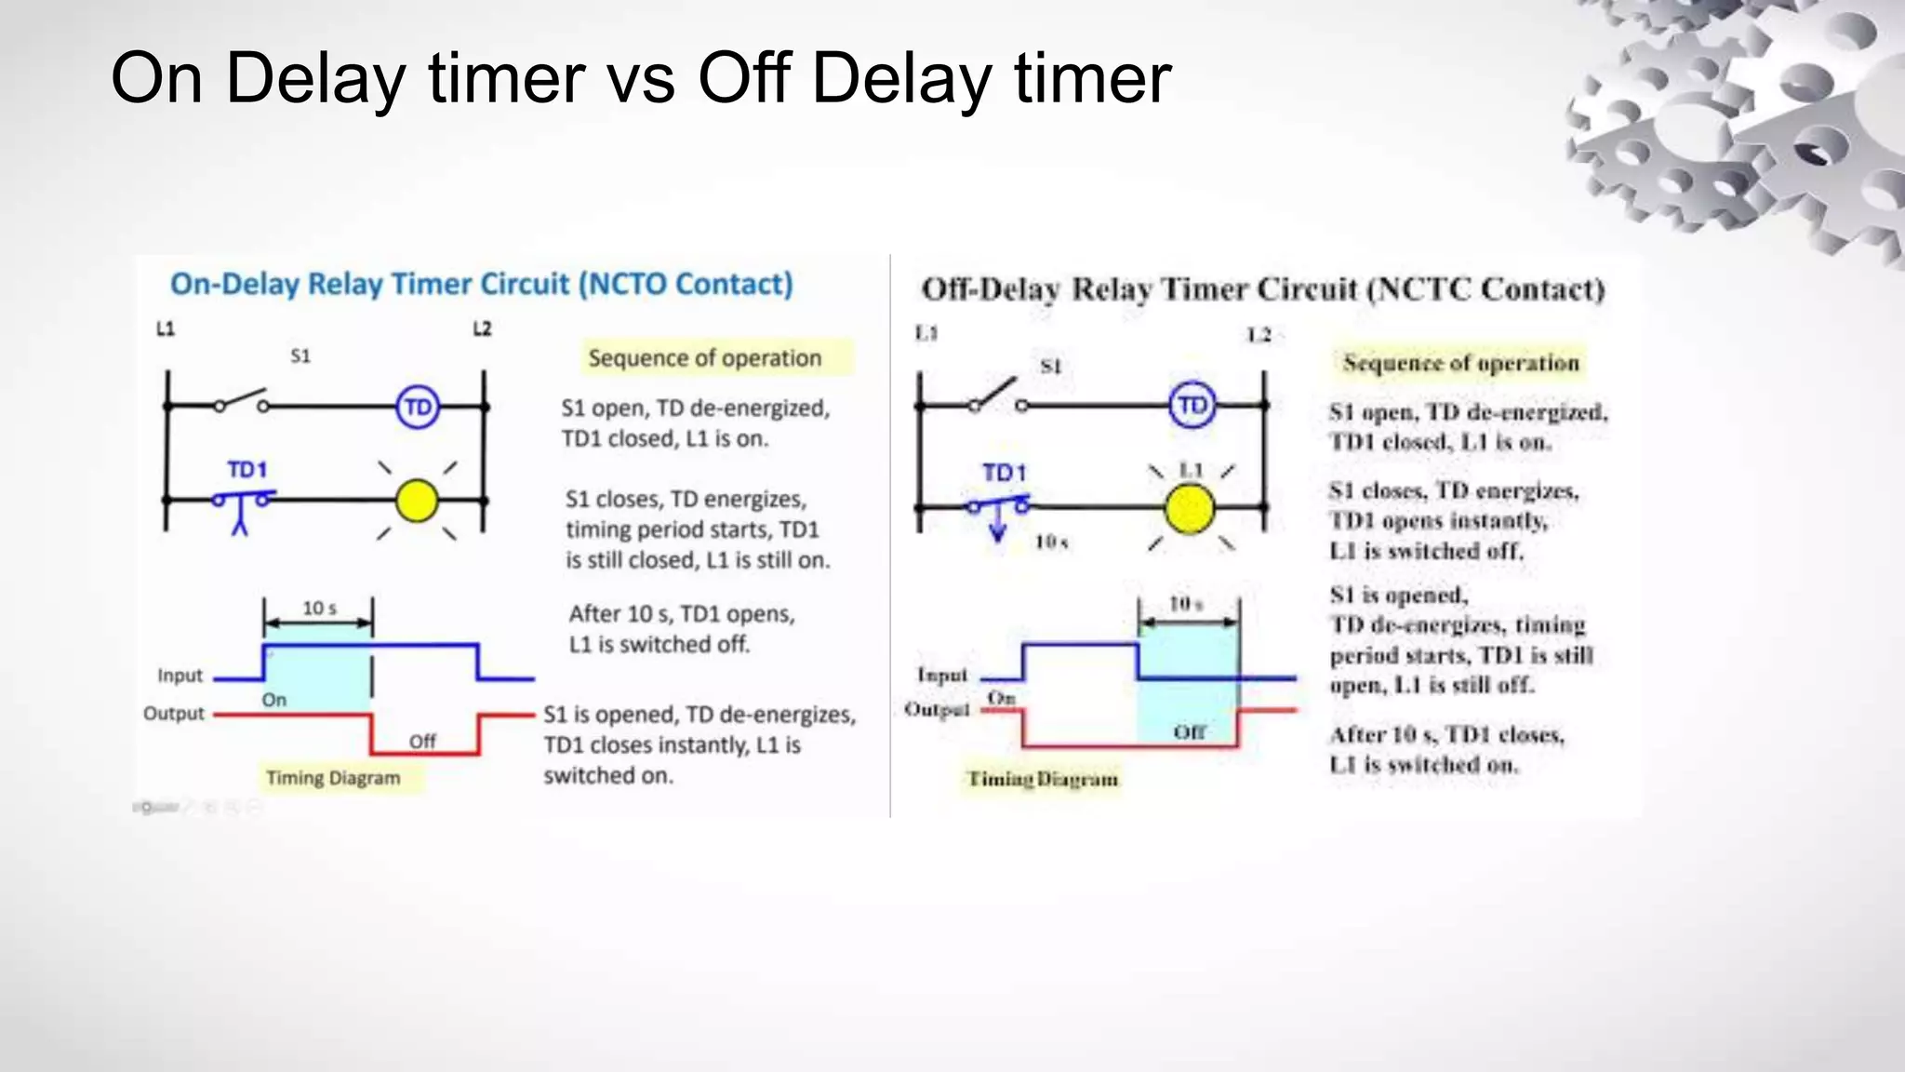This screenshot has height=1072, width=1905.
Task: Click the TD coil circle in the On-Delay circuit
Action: [x=418, y=408]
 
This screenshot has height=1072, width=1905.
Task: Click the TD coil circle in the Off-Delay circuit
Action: [x=1192, y=406]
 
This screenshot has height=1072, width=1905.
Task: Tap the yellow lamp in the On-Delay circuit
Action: [x=416, y=502]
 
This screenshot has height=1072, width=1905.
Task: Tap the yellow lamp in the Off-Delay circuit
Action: [x=1190, y=509]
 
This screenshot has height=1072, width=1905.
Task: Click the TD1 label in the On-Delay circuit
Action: [x=247, y=470]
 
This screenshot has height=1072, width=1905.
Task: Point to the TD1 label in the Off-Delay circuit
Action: [x=1005, y=473]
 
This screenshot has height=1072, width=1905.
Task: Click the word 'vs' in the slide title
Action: [x=641, y=78]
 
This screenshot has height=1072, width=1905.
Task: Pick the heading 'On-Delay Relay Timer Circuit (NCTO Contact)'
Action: [x=481, y=284]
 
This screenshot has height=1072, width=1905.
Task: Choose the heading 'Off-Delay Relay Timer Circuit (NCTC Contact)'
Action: [x=1262, y=289]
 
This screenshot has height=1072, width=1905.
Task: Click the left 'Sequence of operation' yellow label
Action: [x=704, y=358]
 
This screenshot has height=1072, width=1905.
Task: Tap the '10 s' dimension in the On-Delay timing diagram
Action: [x=319, y=609]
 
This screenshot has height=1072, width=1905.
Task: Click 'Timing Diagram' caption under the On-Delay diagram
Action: [x=333, y=778]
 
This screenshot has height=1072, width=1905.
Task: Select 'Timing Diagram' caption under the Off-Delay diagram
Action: [x=1043, y=779]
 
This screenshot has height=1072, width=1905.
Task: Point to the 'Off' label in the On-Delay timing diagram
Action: [x=422, y=742]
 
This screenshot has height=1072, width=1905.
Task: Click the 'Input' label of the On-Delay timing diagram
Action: [x=180, y=676]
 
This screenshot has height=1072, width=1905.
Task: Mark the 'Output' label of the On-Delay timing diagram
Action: [x=174, y=714]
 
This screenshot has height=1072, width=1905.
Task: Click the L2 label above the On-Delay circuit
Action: [x=482, y=328]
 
